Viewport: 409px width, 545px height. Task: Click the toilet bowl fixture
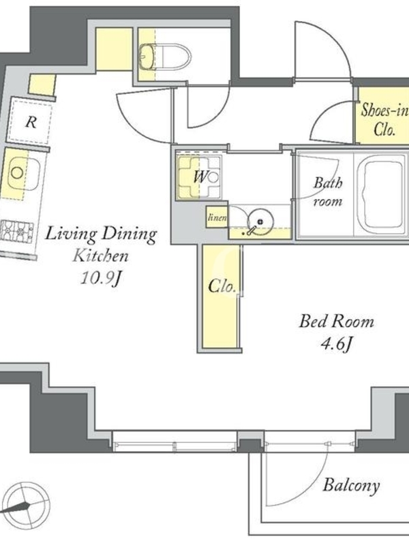[x=166, y=57]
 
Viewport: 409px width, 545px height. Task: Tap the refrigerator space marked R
[x=30, y=121]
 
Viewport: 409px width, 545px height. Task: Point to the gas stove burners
[x=16, y=232]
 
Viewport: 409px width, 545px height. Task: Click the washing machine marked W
[x=199, y=177]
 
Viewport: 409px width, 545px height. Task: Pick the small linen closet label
[x=217, y=217]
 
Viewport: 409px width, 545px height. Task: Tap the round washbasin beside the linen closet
[x=260, y=221]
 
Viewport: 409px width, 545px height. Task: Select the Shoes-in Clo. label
[x=384, y=120]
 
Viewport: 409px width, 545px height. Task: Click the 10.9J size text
[x=101, y=277]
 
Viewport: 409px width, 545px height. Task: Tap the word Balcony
[x=351, y=485]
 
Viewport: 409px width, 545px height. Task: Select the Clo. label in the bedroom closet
[x=222, y=286]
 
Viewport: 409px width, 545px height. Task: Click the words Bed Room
[x=337, y=322]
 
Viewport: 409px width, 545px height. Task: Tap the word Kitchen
[x=100, y=256]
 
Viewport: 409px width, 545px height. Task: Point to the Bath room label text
[x=328, y=191]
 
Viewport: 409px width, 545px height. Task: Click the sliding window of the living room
[x=175, y=441]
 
